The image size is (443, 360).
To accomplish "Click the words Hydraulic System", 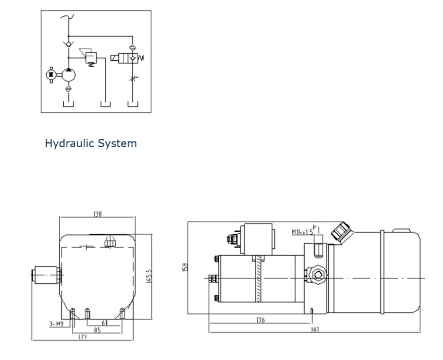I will pyautogui.click(x=91, y=144).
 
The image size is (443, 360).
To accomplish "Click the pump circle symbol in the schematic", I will pyautogui.click(x=68, y=75).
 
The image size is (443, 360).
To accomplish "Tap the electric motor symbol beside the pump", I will pyautogui.click(x=51, y=75).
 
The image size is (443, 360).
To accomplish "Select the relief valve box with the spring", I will pyautogui.click(x=91, y=57).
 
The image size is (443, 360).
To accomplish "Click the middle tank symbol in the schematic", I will pyautogui.click(x=105, y=104).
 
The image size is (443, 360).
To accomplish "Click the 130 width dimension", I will pyautogui.click(x=97, y=214).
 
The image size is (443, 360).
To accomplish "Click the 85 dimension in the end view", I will pyautogui.click(x=96, y=330).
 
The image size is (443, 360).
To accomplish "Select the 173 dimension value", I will pyautogui.click(x=82, y=337).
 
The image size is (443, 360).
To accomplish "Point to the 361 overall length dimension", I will pyautogui.click(x=314, y=329).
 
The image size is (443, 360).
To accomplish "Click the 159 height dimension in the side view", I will pyautogui.click(x=185, y=267).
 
